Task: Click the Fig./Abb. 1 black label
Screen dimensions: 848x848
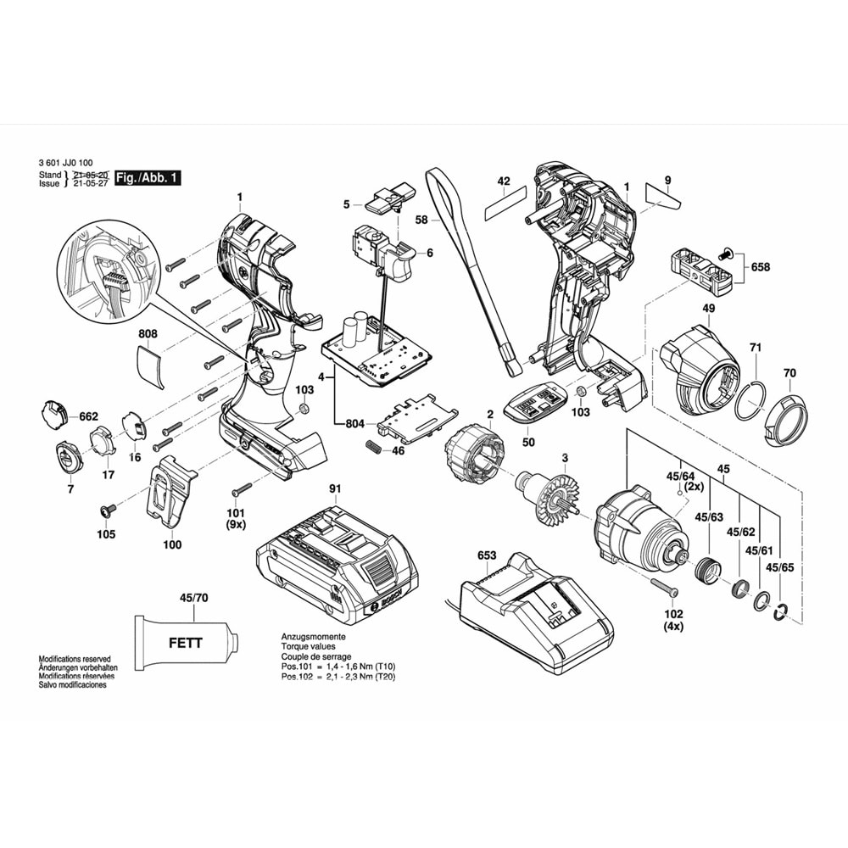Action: click(x=148, y=178)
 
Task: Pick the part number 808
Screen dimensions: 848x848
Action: click(x=148, y=335)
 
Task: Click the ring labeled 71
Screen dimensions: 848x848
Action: click(x=750, y=400)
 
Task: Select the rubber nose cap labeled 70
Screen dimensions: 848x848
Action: click(x=785, y=421)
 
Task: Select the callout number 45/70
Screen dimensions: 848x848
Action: click(x=194, y=598)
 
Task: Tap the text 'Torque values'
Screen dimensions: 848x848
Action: click(x=310, y=646)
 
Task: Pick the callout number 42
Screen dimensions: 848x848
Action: click(x=504, y=181)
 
